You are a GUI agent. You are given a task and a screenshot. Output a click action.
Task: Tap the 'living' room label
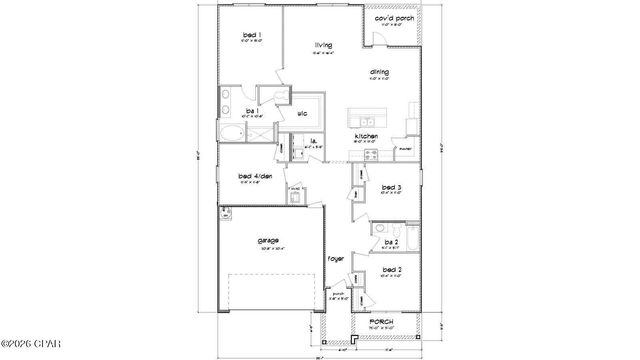click(323, 45)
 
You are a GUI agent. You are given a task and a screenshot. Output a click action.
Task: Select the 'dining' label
click(379, 73)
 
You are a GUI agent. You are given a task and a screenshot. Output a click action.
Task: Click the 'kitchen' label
click(366, 135)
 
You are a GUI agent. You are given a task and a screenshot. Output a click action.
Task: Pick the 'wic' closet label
click(301, 114)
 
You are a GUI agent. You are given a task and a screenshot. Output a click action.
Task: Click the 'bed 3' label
click(392, 187)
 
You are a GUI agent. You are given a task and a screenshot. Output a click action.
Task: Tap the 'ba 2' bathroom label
click(392, 242)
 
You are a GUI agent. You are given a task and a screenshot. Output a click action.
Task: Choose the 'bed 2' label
click(392, 270)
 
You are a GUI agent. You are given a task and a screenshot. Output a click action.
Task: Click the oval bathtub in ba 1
click(231, 132)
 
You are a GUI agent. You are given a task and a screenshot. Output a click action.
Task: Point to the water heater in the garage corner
click(227, 212)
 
